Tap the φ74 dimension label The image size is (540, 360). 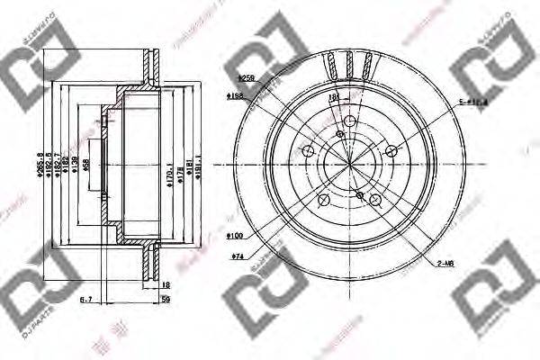pos(239,258)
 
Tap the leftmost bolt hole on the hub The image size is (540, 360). pos(307,149)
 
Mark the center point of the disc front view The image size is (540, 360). pos(347,163)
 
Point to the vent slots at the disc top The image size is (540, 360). pos(347,65)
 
